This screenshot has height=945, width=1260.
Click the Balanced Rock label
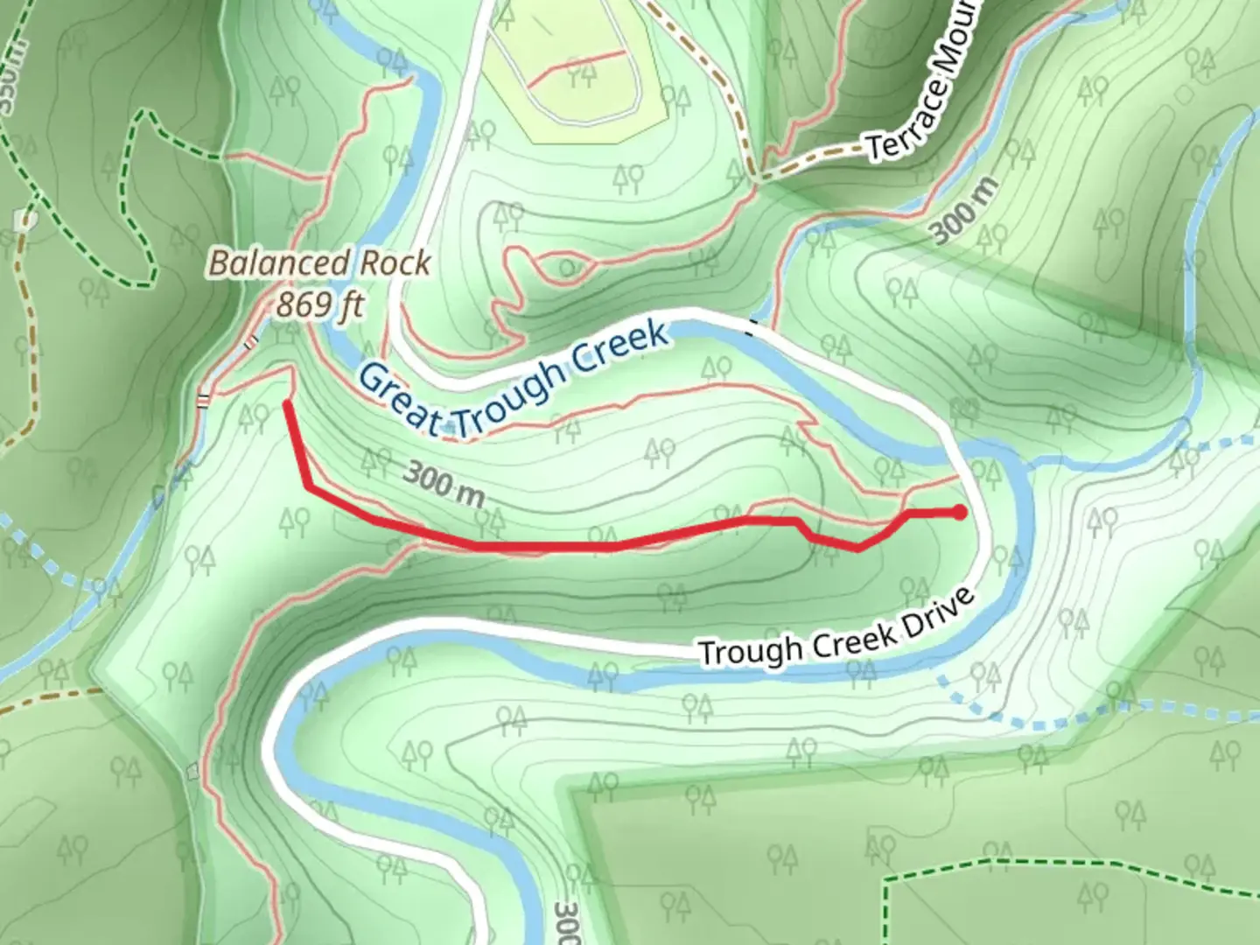[319, 263]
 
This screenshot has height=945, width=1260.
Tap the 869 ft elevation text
[319, 304]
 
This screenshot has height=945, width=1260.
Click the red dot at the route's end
[960, 513]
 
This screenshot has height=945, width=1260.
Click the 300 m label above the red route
[444, 485]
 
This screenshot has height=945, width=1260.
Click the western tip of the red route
[288, 403]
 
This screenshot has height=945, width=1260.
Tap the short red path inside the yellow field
[577, 67]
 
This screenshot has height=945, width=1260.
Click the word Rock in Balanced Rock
[399, 263]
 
